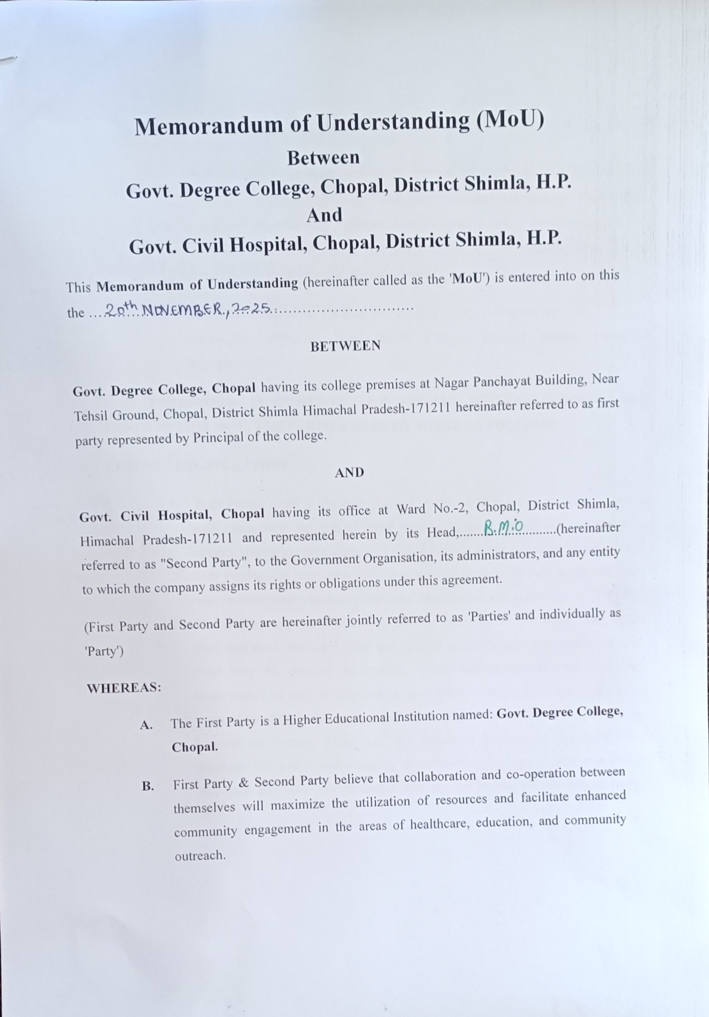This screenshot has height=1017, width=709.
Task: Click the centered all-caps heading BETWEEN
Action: [x=345, y=346]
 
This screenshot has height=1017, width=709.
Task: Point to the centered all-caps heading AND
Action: [x=349, y=472]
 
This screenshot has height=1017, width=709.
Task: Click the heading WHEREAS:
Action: [x=124, y=688]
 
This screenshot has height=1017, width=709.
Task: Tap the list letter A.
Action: [x=146, y=725]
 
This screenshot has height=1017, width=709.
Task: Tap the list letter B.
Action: [x=148, y=786]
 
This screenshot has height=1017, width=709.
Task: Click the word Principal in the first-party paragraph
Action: [x=218, y=438]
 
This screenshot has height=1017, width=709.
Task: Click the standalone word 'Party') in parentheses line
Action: [x=104, y=652]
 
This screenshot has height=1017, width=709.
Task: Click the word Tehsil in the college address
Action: [x=91, y=416]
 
